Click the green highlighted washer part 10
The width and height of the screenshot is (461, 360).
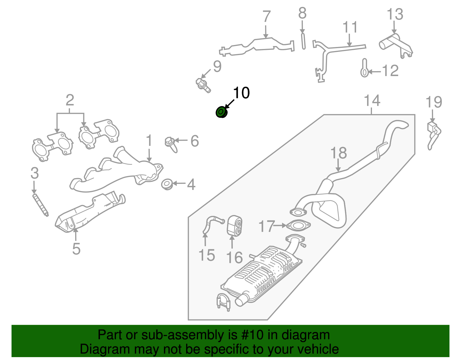[221, 112]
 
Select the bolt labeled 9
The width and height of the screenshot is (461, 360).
[203, 85]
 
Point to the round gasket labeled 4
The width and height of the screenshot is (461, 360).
[167, 184]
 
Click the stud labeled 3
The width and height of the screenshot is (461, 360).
[40, 205]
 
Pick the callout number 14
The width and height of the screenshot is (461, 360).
[372, 101]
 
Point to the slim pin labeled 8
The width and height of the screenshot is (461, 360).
[303, 41]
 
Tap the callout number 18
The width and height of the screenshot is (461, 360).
[338, 153]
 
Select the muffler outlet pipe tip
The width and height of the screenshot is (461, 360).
[241, 300]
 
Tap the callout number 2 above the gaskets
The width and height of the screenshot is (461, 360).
[70, 100]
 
